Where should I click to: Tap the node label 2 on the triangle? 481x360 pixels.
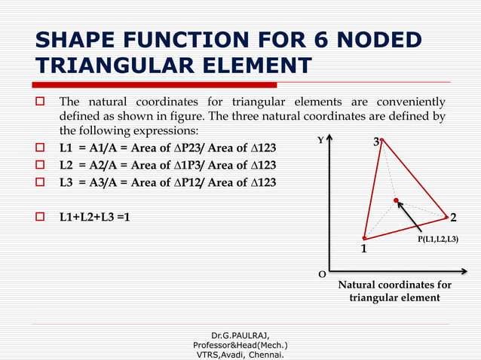click(453, 218)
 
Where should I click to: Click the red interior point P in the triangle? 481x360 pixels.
click(396, 200)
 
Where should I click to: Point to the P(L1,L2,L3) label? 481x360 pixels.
click(438, 239)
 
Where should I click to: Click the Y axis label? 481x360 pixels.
click(320, 140)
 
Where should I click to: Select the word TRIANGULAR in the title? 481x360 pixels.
click(110, 66)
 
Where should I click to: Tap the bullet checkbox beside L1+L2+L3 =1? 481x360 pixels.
click(43, 218)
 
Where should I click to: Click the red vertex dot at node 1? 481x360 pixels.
click(364, 238)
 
